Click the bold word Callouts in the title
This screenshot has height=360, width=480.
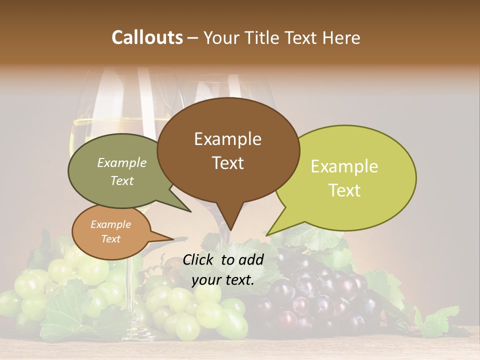point(147,37)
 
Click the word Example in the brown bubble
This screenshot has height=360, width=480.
point(227,139)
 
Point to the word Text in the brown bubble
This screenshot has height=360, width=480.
point(227,163)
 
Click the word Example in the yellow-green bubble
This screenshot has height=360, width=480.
point(344,166)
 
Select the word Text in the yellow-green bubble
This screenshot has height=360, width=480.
point(344,190)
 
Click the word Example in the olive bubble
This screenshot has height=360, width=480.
point(121,162)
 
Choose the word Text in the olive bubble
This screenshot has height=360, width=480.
point(121,180)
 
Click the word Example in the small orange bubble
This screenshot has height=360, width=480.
point(110,224)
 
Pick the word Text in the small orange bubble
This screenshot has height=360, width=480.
point(110,239)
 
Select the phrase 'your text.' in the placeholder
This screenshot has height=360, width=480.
point(222,280)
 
